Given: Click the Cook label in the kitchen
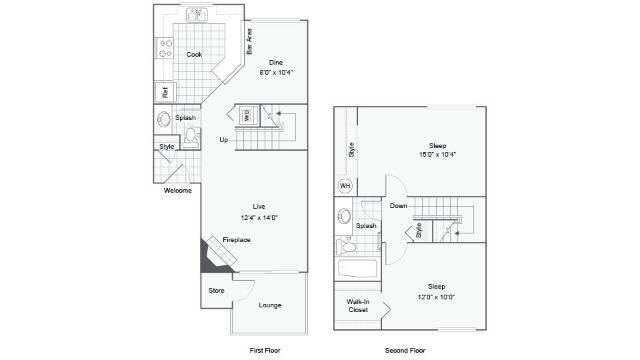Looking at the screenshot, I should point(195,54).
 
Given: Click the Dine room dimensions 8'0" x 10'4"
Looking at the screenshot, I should point(276,73).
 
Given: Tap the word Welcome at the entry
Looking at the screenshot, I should point(178,191).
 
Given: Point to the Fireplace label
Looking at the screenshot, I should point(237,240).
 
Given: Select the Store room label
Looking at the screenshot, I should point(216,290).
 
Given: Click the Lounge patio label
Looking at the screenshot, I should point(269,305).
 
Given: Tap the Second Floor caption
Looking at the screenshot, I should point(405,350).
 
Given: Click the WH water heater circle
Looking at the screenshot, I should point(346,185).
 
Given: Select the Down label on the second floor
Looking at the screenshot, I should point(398,207).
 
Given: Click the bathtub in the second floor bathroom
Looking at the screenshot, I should point(357,269).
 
